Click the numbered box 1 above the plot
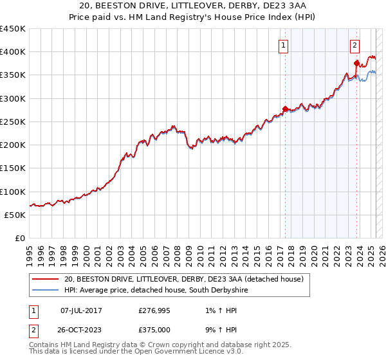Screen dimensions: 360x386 284,45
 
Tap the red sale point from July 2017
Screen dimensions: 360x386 285,109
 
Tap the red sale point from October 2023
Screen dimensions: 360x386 356,63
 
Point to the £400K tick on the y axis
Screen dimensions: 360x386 14,52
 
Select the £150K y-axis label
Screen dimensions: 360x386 14,168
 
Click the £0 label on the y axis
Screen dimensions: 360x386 20,238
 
